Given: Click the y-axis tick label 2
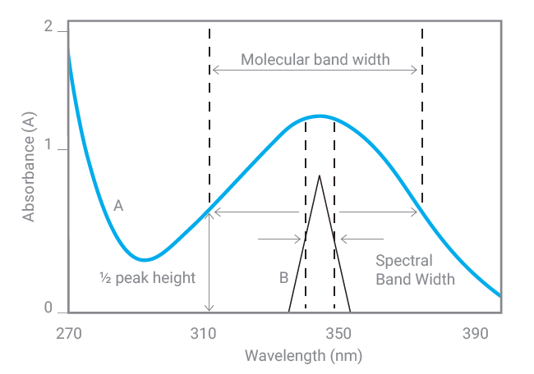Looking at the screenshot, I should (x=48, y=28).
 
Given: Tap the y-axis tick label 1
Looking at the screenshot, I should (x=48, y=148).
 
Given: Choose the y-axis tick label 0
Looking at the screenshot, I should (x=48, y=308).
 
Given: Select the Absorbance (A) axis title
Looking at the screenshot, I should (x=30, y=167).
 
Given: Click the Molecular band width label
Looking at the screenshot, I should (x=315, y=60).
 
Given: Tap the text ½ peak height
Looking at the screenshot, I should (x=146, y=277).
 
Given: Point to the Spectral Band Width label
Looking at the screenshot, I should (x=415, y=270).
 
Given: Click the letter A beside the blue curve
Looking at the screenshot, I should (x=118, y=206).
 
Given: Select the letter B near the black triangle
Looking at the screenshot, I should (x=283, y=277).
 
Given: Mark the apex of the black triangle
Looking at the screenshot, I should (x=319, y=176).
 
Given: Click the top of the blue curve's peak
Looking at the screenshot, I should (x=319, y=116).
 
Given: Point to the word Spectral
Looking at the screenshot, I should (x=403, y=261).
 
